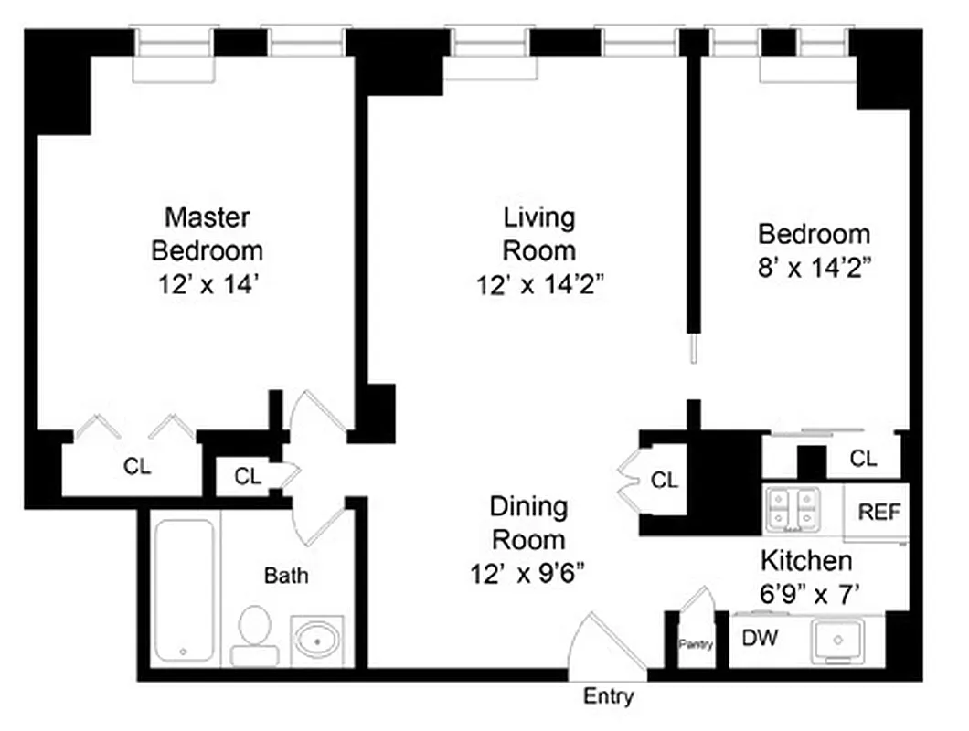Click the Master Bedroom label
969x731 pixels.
207,233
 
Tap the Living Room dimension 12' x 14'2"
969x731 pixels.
539,285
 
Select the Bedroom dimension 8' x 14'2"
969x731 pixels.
814,267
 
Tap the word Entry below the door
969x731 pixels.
608,697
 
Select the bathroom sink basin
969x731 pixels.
317,640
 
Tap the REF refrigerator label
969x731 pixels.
878,512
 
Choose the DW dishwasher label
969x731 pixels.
760,639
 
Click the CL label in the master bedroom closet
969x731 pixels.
137,467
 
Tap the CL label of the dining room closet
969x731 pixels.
665,480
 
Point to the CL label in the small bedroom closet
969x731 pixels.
863,459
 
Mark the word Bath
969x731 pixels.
286,576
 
